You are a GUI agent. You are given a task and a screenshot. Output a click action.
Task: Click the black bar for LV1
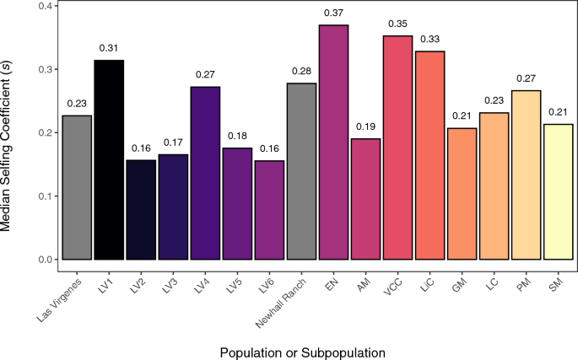(x=109, y=160)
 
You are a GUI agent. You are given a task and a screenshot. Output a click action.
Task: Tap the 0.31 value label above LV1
(x=109, y=48)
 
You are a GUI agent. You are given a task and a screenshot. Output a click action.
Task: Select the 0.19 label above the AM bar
(x=365, y=126)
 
